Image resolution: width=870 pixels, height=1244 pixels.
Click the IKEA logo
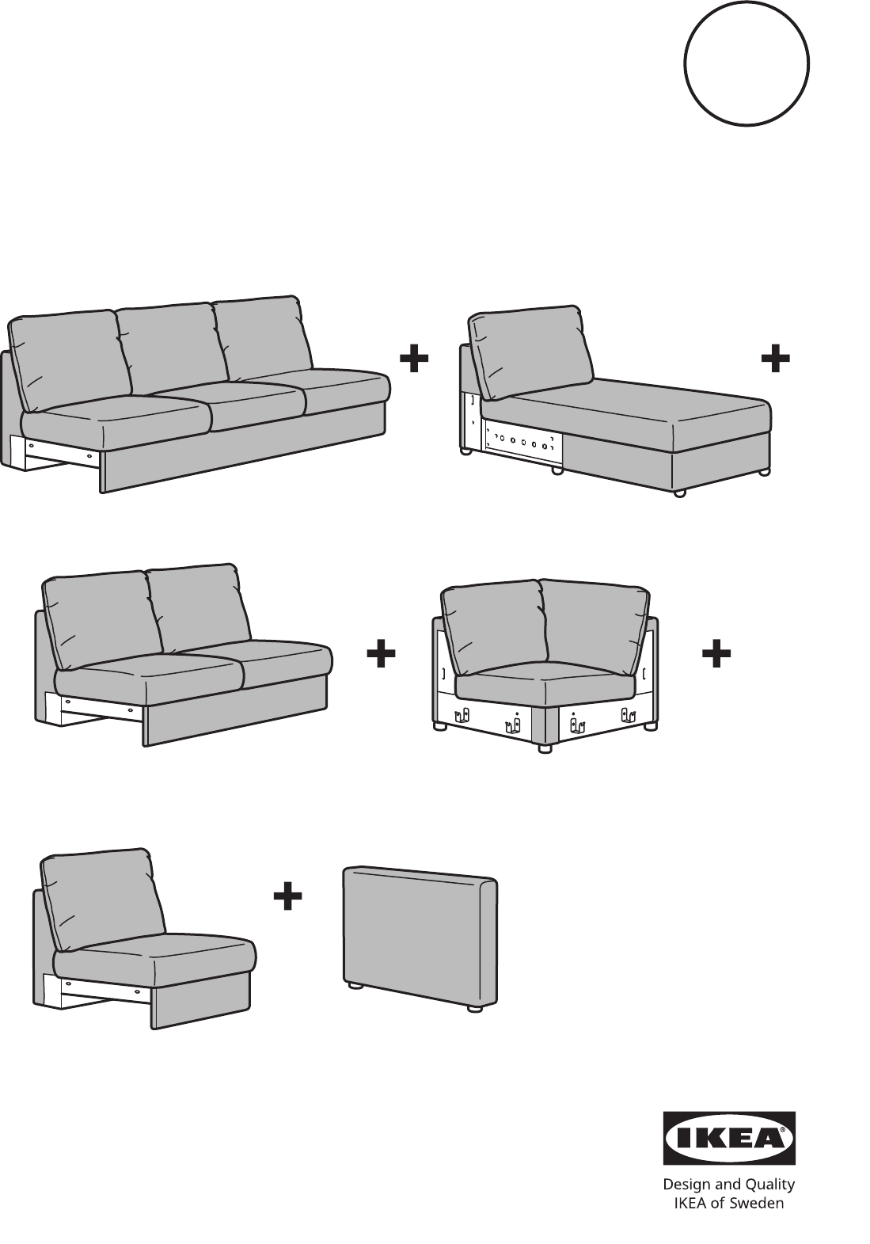[x=730, y=1138]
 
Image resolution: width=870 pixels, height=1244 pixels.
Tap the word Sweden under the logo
[x=756, y=1203]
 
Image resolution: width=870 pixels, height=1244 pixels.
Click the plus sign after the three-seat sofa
[x=414, y=359]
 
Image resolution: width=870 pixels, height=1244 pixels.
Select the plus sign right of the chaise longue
[x=775, y=359]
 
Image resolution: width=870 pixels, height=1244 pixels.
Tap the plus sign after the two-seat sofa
[x=381, y=653]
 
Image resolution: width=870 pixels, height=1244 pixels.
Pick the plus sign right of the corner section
[x=716, y=653]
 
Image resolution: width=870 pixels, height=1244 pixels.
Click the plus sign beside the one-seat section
[x=287, y=896]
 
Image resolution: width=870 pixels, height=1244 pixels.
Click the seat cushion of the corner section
[x=545, y=682]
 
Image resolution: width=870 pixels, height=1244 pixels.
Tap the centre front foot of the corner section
[x=545, y=748]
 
